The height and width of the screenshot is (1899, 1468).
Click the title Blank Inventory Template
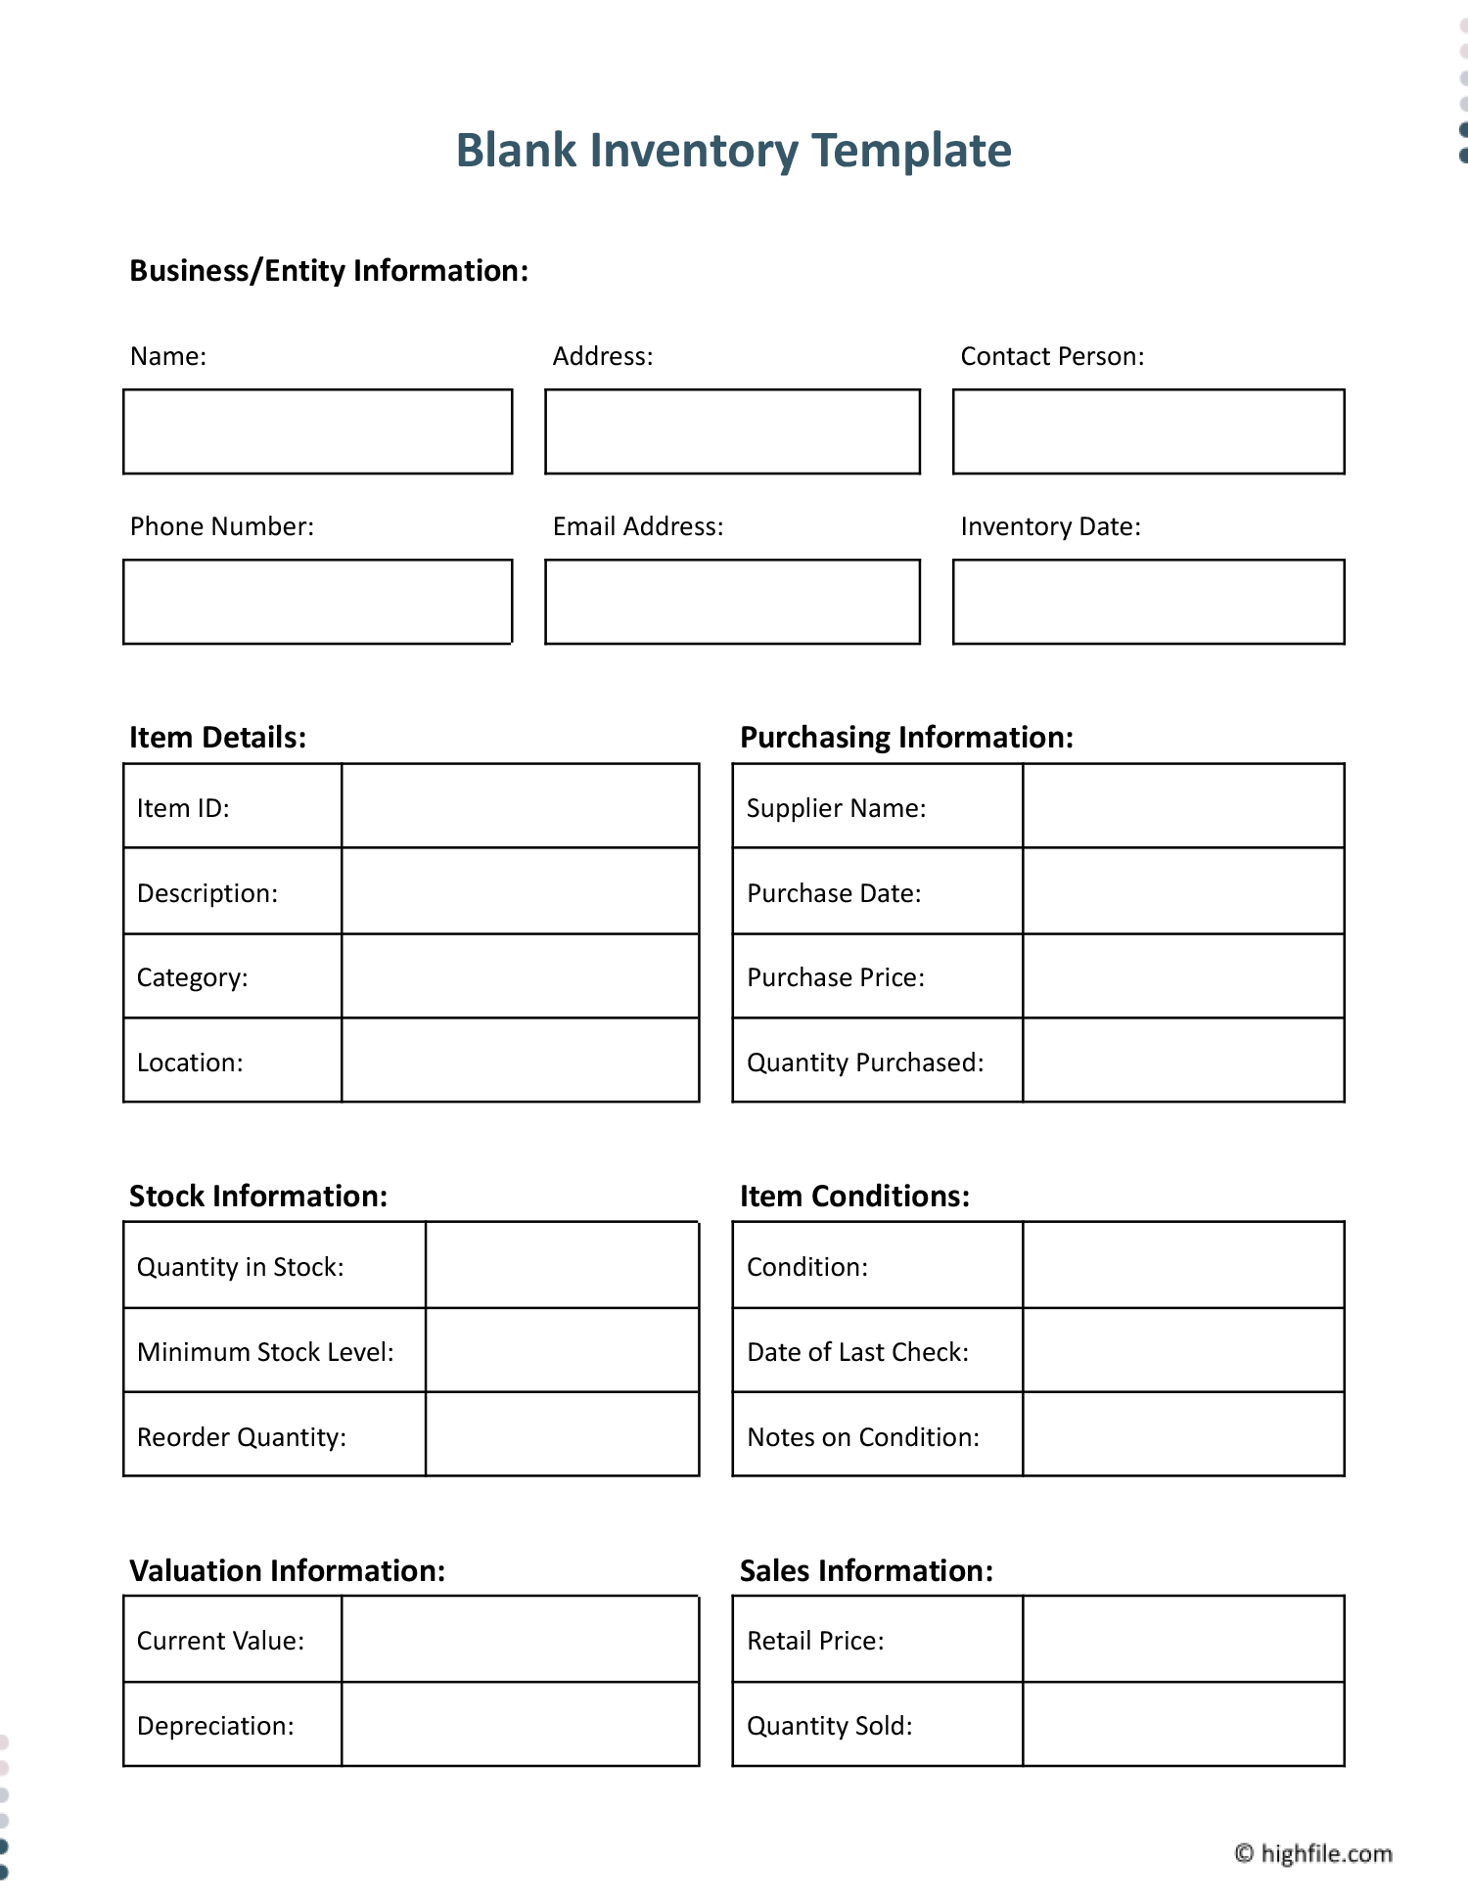tap(733, 151)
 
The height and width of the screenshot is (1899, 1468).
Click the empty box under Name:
tap(317, 431)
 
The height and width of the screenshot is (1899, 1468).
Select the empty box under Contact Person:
tap(1148, 431)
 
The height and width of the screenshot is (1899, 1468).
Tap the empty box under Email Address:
tap(732, 602)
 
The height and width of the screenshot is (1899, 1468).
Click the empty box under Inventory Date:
tap(1148, 602)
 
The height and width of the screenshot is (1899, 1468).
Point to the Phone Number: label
tap(222, 526)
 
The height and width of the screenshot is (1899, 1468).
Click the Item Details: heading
tap(217, 737)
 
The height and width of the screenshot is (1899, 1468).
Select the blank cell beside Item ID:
tap(520, 806)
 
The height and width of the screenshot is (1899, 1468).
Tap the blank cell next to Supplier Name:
tap(1182, 806)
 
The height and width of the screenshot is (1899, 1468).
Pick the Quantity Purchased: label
tap(865, 1063)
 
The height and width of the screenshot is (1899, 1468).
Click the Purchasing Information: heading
tap(906, 737)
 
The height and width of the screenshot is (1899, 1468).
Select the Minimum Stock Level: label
tap(265, 1352)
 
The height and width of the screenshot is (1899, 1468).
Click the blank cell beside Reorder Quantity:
tap(562, 1434)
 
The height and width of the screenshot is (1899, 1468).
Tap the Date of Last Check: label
tap(857, 1352)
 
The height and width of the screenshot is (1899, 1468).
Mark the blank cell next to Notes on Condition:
tap(1182, 1434)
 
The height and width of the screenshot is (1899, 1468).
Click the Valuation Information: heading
tap(287, 1570)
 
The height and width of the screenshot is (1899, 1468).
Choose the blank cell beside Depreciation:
tap(520, 1724)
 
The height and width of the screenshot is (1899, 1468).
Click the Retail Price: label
tap(815, 1641)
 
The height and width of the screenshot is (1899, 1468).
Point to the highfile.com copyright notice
tap(1313, 1853)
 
